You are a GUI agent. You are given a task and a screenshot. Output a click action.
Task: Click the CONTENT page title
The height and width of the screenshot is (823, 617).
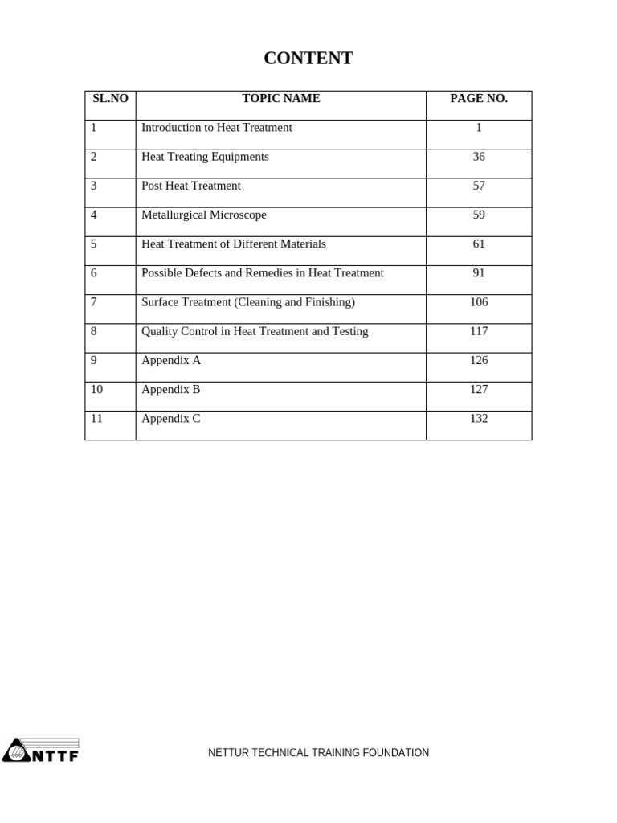click(308, 59)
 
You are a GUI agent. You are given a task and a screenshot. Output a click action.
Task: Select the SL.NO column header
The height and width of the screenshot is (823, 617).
click(110, 99)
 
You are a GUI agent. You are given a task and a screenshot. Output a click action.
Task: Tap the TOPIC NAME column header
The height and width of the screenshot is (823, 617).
click(280, 99)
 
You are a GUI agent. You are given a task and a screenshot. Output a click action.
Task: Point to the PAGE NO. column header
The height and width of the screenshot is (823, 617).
click(479, 99)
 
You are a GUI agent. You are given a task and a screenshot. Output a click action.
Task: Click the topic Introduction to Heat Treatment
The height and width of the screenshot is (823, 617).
click(217, 128)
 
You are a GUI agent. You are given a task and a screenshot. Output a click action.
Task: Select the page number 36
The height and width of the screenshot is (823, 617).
click(479, 157)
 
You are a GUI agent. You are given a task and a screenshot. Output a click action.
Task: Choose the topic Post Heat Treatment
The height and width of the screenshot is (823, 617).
click(191, 186)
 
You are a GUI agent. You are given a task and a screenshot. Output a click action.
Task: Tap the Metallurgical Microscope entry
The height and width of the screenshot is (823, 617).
click(204, 215)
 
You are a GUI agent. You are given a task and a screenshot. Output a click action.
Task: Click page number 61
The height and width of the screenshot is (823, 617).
click(479, 244)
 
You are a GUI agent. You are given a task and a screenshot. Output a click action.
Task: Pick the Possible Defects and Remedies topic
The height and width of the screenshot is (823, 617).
click(263, 273)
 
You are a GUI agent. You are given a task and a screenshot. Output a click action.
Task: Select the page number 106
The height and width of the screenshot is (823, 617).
click(479, 302)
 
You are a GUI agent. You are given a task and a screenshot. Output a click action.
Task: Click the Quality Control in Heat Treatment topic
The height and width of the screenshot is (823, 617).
click(255, 331)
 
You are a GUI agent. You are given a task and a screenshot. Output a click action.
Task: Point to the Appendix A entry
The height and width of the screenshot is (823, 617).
click(171, 360)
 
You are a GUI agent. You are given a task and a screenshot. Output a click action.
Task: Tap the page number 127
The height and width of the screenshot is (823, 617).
click(479, 390)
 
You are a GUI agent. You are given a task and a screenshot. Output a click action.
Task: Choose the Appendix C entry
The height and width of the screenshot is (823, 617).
click(171, 419)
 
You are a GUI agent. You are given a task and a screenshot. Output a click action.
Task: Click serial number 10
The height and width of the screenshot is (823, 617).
click(97, 390)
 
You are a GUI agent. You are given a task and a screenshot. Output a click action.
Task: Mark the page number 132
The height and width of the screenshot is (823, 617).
click(479, 419)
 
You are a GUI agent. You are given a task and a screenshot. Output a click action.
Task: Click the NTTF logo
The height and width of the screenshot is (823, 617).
click(41, 751)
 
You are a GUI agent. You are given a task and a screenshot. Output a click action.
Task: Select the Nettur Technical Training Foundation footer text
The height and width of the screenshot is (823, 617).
click(318, 753)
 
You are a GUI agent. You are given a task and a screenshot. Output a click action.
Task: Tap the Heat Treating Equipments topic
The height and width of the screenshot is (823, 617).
click(205, 157)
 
